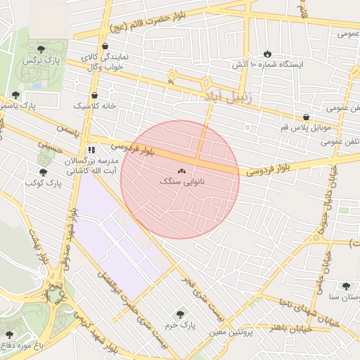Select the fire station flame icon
coord(267,54)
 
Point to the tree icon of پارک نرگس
coord(41,49)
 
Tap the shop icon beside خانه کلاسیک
coord(94,96)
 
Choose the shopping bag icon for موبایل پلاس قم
coord(306,117)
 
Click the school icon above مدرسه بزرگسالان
coord(91,150)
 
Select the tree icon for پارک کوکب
coord(43,172)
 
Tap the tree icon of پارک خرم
coord(181,314)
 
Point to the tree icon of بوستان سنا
coord(346,286)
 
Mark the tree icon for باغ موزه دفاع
coord(9,335)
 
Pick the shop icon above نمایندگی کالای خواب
coord(105,46)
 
